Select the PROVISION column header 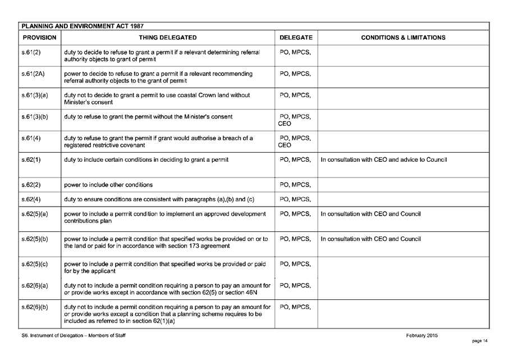[39, 38]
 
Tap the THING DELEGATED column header [168, 38]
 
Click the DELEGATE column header [296, 38]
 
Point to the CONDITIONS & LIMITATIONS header [403, 38]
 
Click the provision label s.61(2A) [33, 74]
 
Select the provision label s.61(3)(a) [35, 95]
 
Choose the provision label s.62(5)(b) [35, 239]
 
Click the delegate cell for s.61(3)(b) [295, 120]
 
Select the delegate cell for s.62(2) [295, 185]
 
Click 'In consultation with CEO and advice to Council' [383, 160]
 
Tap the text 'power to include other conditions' [108, 185]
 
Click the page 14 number [481, 341]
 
